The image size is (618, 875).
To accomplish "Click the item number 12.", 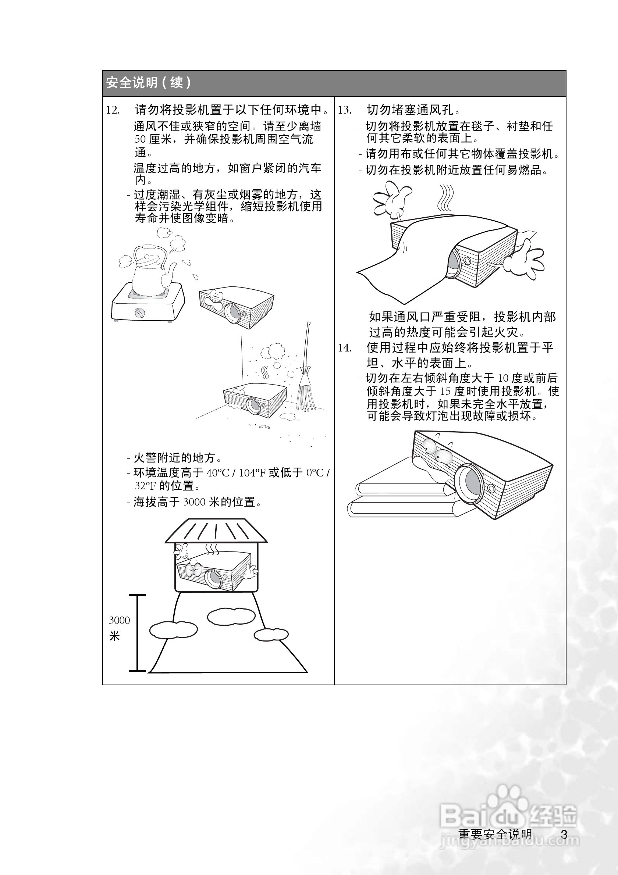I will [x=113, y=111].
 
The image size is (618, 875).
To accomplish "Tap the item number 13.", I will [x=344, y=111].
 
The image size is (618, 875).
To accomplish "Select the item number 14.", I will [x=344, y=348].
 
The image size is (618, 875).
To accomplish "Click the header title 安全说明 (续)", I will [x=148, y=83].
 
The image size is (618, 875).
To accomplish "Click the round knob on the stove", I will [x=140, y=313].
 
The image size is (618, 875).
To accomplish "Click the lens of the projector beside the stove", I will [x=232, y=312].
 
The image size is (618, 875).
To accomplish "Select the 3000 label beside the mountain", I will [x=119, y=621].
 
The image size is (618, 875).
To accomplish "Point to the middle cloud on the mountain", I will [x=231, y=616].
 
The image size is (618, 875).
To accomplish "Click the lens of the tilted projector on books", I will [x=471, y=483].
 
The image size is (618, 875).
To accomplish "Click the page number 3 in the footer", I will [x=564, y=834].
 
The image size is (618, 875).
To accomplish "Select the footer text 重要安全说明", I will [x=495, y=834].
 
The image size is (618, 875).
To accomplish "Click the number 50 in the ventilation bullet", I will [x=140, y=139].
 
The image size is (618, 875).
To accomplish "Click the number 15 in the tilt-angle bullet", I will [x=445, y=392].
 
